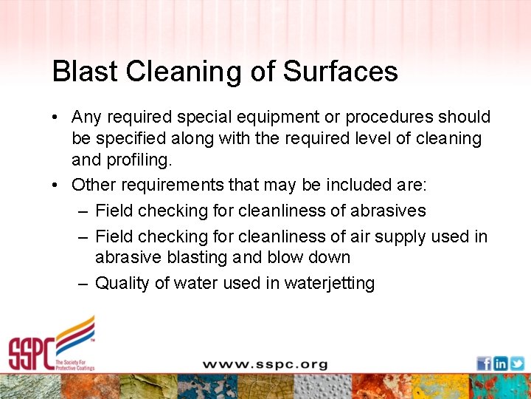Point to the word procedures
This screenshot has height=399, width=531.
[390, 117]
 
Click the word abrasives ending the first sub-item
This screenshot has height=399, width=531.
[388, 211]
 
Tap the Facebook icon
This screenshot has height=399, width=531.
[484, 364]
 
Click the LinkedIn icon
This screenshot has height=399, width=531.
[501, 364]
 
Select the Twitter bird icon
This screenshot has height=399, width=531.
[517, 364]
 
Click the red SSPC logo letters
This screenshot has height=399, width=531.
[31, 353]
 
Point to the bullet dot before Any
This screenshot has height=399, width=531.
[56, 117]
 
